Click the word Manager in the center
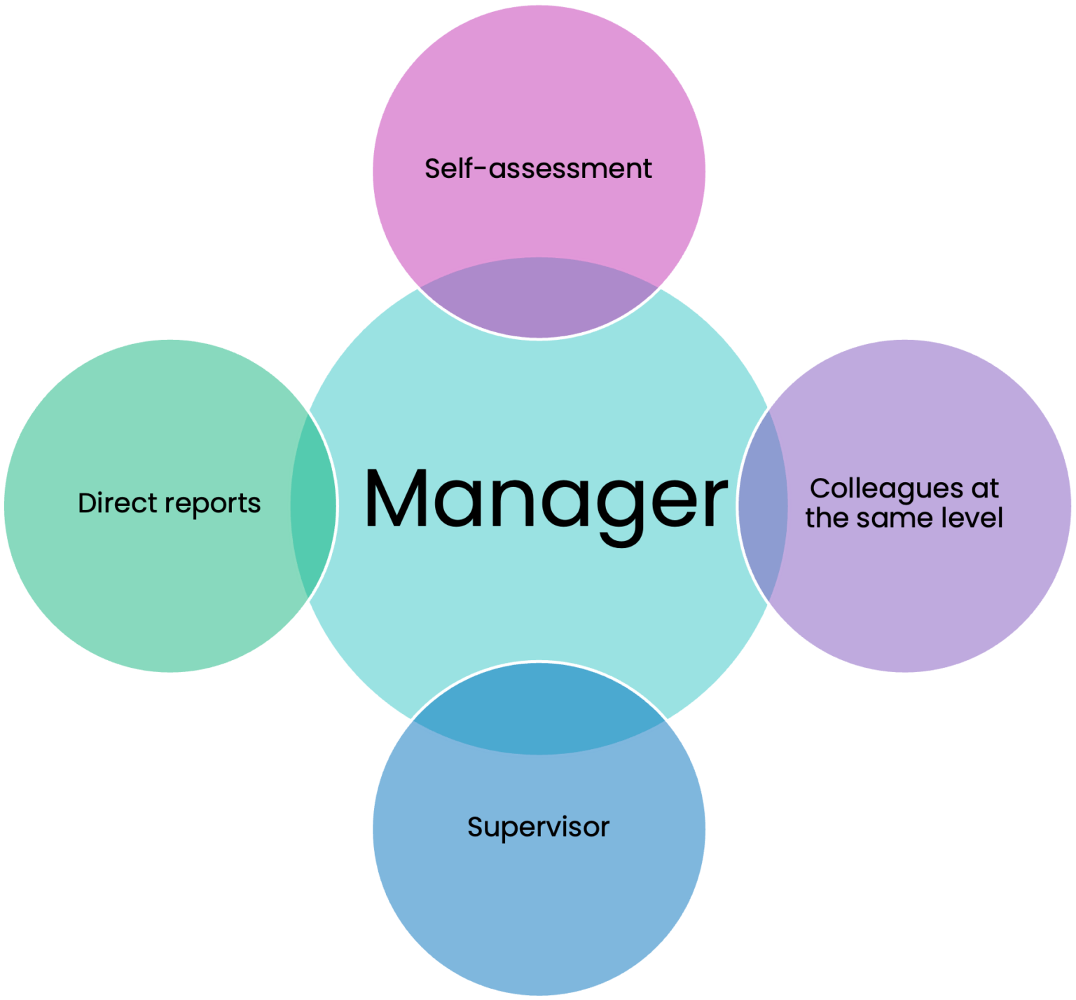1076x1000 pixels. click(x=545, y=499)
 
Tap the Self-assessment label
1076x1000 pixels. click(x=538, y=169)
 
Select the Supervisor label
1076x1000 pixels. click(x=538, y=828)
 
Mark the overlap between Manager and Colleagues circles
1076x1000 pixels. click(x=763, y=505)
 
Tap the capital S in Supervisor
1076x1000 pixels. click(x=476, y=827)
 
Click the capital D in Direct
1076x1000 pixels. click(x=87, y=503)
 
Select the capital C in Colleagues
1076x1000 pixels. click(x=820, y=488)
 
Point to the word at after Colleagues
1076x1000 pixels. click(x=984, y=489)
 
